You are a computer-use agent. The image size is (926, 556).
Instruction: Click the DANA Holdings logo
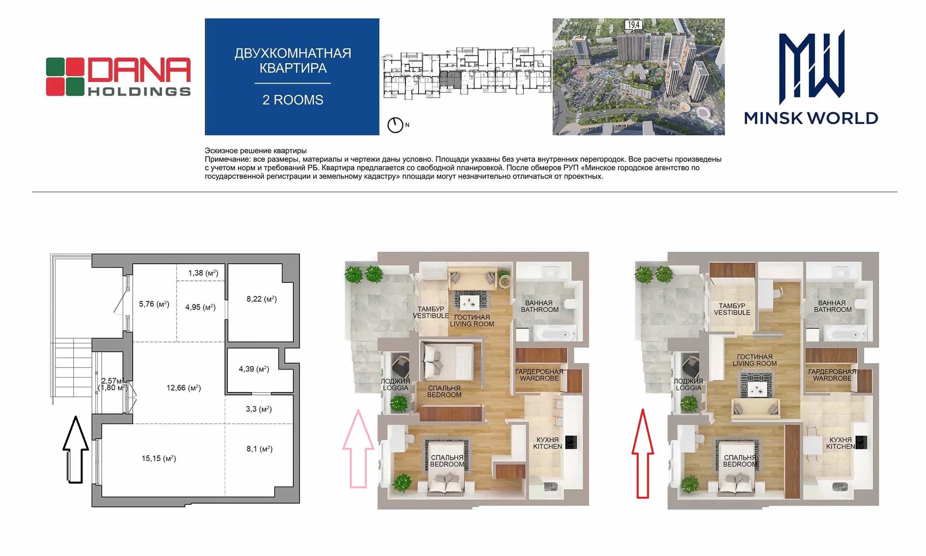118,77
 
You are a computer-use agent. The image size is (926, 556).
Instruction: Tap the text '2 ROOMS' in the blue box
293,100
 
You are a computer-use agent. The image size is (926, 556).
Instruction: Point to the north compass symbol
395,125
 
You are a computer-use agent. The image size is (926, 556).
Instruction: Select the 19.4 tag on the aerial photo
633,25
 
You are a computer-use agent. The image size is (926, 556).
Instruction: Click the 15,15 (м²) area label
159,459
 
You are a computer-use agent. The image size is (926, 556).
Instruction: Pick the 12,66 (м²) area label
184,388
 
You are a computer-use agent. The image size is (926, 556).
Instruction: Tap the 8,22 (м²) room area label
262,299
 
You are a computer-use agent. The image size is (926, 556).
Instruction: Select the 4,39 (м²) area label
254,369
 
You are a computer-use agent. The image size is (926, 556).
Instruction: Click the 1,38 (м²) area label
203,273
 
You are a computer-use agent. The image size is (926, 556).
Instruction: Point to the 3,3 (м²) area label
259,409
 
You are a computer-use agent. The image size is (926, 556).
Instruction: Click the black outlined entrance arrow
76,449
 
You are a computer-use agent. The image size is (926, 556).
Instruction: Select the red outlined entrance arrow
643,453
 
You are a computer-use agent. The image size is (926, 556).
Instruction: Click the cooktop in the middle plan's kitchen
571,442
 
